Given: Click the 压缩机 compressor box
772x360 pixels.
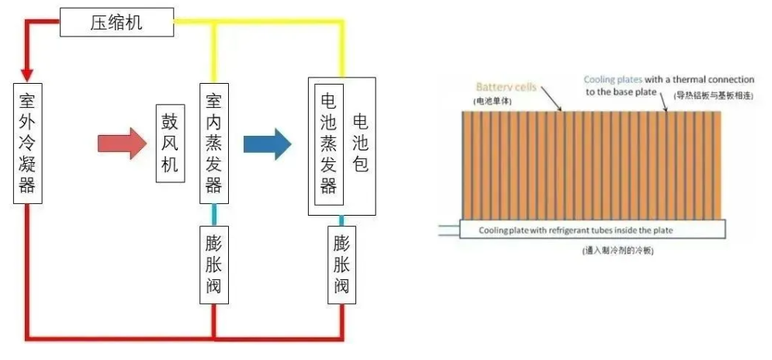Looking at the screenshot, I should click(x=116, y=23).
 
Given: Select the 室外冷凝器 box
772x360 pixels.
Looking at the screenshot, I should click(x=27, y=144).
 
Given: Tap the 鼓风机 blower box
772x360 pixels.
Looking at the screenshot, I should click(x=170, y=144).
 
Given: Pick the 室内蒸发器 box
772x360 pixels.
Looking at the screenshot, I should click(x=213, y=144).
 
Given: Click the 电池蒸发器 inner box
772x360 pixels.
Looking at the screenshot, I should click(x=328, y=144).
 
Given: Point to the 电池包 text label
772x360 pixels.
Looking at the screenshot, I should click(x=360, y=144).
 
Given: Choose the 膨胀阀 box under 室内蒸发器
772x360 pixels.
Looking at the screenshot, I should click(x=213, y=265).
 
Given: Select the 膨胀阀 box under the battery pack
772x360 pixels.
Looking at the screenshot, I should click(x=341, y=265).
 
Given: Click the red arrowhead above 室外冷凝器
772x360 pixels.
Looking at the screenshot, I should click(x=27, y=74).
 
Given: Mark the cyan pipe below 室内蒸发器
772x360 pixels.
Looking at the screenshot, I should click(x=213, y=214).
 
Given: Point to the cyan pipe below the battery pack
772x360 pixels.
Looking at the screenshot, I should click(x=341, y=221).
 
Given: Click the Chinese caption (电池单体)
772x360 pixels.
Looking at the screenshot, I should click(x=493, y=102).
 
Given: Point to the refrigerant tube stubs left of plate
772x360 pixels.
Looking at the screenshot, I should click(x=448, y=229).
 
